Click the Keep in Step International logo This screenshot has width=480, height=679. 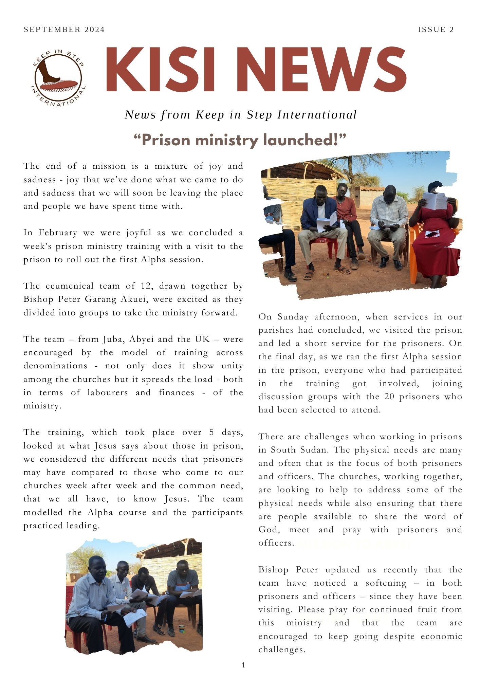pos(58,78)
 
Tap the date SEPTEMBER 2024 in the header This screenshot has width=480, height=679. pos(64,30)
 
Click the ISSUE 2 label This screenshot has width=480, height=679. pos(436,30)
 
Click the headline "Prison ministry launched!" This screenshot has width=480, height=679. pos(240,140)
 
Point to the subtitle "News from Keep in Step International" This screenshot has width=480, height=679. pos(241,115)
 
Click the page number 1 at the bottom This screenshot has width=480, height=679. pos(243,665)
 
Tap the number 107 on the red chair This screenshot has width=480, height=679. pos(322,241)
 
